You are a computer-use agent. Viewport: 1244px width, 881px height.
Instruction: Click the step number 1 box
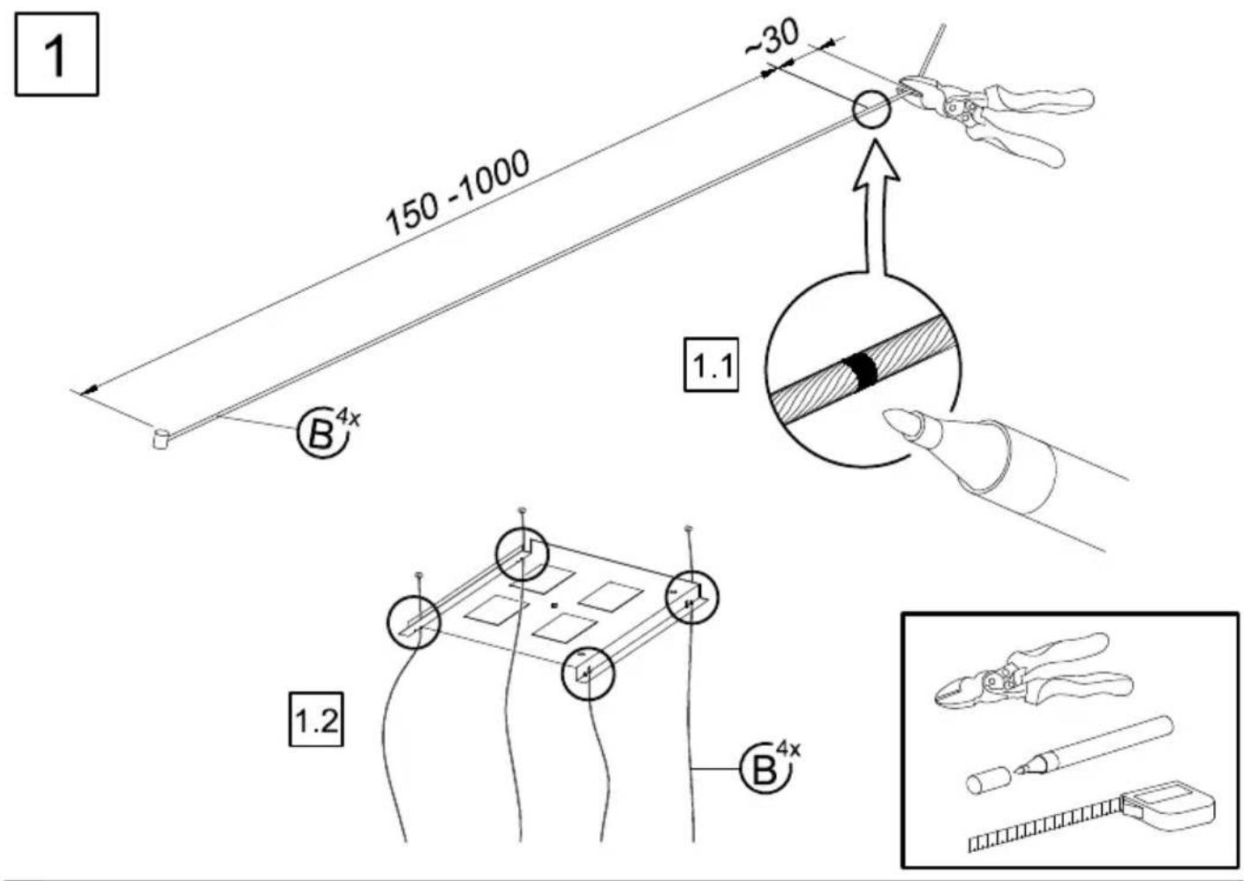point(57,55)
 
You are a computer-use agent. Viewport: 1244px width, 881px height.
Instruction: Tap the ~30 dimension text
point(772,38)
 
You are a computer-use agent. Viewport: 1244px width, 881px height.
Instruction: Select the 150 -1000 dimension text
point(457,192)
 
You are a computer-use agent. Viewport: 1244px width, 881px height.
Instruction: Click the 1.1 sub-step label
point(711,365)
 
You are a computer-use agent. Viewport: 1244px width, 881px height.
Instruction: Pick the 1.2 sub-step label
point(316,719)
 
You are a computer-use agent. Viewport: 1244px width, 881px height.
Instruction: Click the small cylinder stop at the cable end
point(161,438)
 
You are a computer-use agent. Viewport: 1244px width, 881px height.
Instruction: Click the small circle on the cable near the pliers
point(871,109)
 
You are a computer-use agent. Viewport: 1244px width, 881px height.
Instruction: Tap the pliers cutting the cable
point(994,117)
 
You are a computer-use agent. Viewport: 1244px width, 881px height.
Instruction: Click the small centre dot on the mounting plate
point(554,606)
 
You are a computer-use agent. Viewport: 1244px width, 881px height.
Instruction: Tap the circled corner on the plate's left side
point(414,621)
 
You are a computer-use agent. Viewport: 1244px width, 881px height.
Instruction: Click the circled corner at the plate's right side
point(692,598)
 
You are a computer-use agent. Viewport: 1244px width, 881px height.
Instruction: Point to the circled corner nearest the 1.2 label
point(588,674)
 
